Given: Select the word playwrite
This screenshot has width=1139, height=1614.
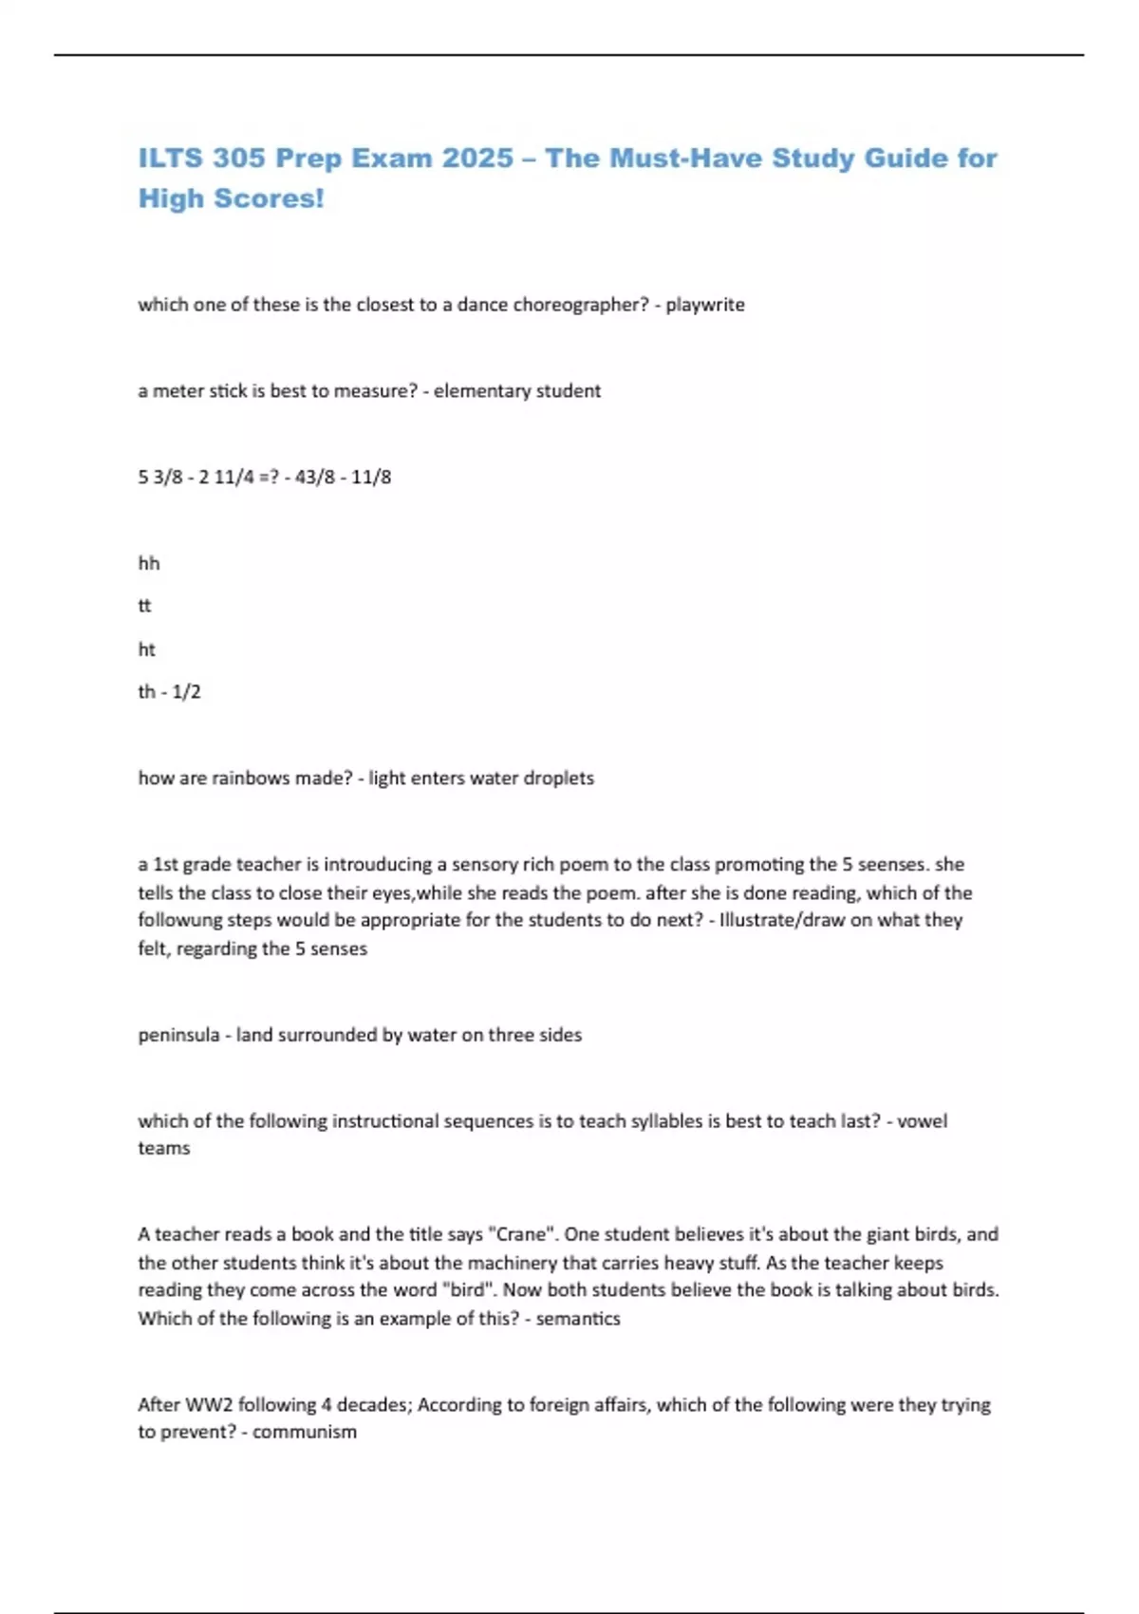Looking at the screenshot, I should (x=705, y=305).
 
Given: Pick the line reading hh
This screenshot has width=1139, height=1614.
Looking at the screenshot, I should (x=149, y=563).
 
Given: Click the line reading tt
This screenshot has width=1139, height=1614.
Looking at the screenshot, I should (x=144, y=606).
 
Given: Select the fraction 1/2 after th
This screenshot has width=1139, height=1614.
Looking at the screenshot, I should (x=186, y=692).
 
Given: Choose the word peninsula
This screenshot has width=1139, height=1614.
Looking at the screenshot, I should (x=178, y=1035).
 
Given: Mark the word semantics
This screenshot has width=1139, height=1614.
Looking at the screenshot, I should (x=578, y=1319).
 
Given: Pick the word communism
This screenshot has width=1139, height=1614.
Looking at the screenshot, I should (x=305, y=1433).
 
